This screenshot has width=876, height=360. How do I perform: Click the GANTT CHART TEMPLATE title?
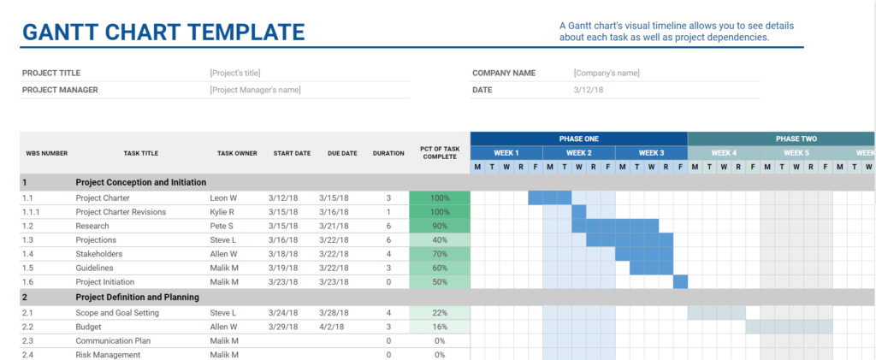coord(163,32)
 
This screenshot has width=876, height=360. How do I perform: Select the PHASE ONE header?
coord(578,139)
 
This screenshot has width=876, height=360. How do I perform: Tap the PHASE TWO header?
coord(796,139)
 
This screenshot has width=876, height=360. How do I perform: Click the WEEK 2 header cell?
coord(578,153)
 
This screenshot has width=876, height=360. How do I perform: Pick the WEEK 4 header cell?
coord(723,153)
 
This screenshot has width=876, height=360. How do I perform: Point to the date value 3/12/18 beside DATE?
coord(588,90)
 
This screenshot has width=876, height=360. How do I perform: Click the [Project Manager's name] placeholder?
coord(255,90)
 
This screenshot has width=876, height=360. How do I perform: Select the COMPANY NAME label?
coord(504,74)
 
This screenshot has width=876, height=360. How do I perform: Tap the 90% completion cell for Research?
coord(439,226)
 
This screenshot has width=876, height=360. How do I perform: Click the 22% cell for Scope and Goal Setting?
coord(439,313)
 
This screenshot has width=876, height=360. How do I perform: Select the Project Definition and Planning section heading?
coord(137,297)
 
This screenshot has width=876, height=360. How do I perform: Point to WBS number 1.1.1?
coord(33,212)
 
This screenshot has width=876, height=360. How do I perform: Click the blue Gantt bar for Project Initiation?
coord(680,282)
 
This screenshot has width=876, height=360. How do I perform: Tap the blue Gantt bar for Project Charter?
coord(549,198)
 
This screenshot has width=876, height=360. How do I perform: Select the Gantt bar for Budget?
coord(788,327)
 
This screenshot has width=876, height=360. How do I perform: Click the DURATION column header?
coord(388,154)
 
